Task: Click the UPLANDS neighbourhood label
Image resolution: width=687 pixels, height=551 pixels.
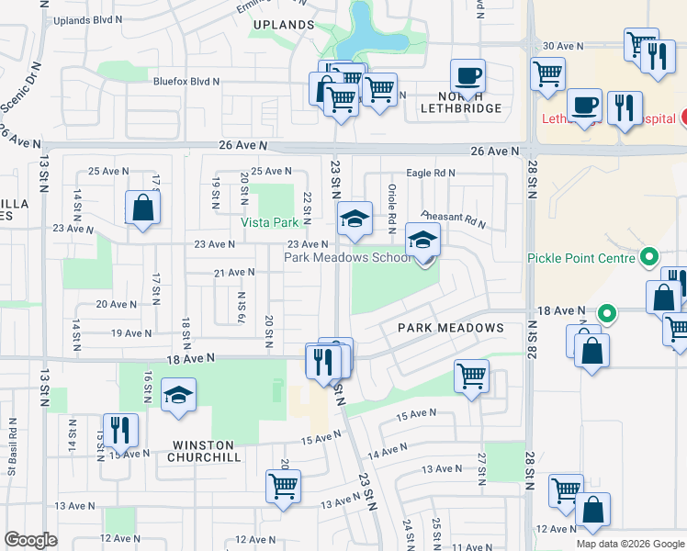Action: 284,25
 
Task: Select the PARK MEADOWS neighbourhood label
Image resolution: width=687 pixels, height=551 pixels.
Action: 451,328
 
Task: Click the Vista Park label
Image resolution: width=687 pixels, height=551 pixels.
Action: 270,223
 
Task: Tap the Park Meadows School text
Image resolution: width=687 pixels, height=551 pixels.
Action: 347,258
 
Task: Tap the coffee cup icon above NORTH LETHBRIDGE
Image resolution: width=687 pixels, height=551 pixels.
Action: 467,75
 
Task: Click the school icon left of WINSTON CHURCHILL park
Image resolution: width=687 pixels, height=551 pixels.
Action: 178,395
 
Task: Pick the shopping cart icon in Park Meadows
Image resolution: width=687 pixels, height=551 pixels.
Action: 471,375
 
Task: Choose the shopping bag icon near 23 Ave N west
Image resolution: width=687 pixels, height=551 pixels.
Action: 143,208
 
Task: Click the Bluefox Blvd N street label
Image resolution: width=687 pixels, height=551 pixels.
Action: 186,82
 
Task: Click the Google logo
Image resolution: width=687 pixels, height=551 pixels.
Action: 29,540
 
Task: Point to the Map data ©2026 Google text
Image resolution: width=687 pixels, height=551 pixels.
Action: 629,544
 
